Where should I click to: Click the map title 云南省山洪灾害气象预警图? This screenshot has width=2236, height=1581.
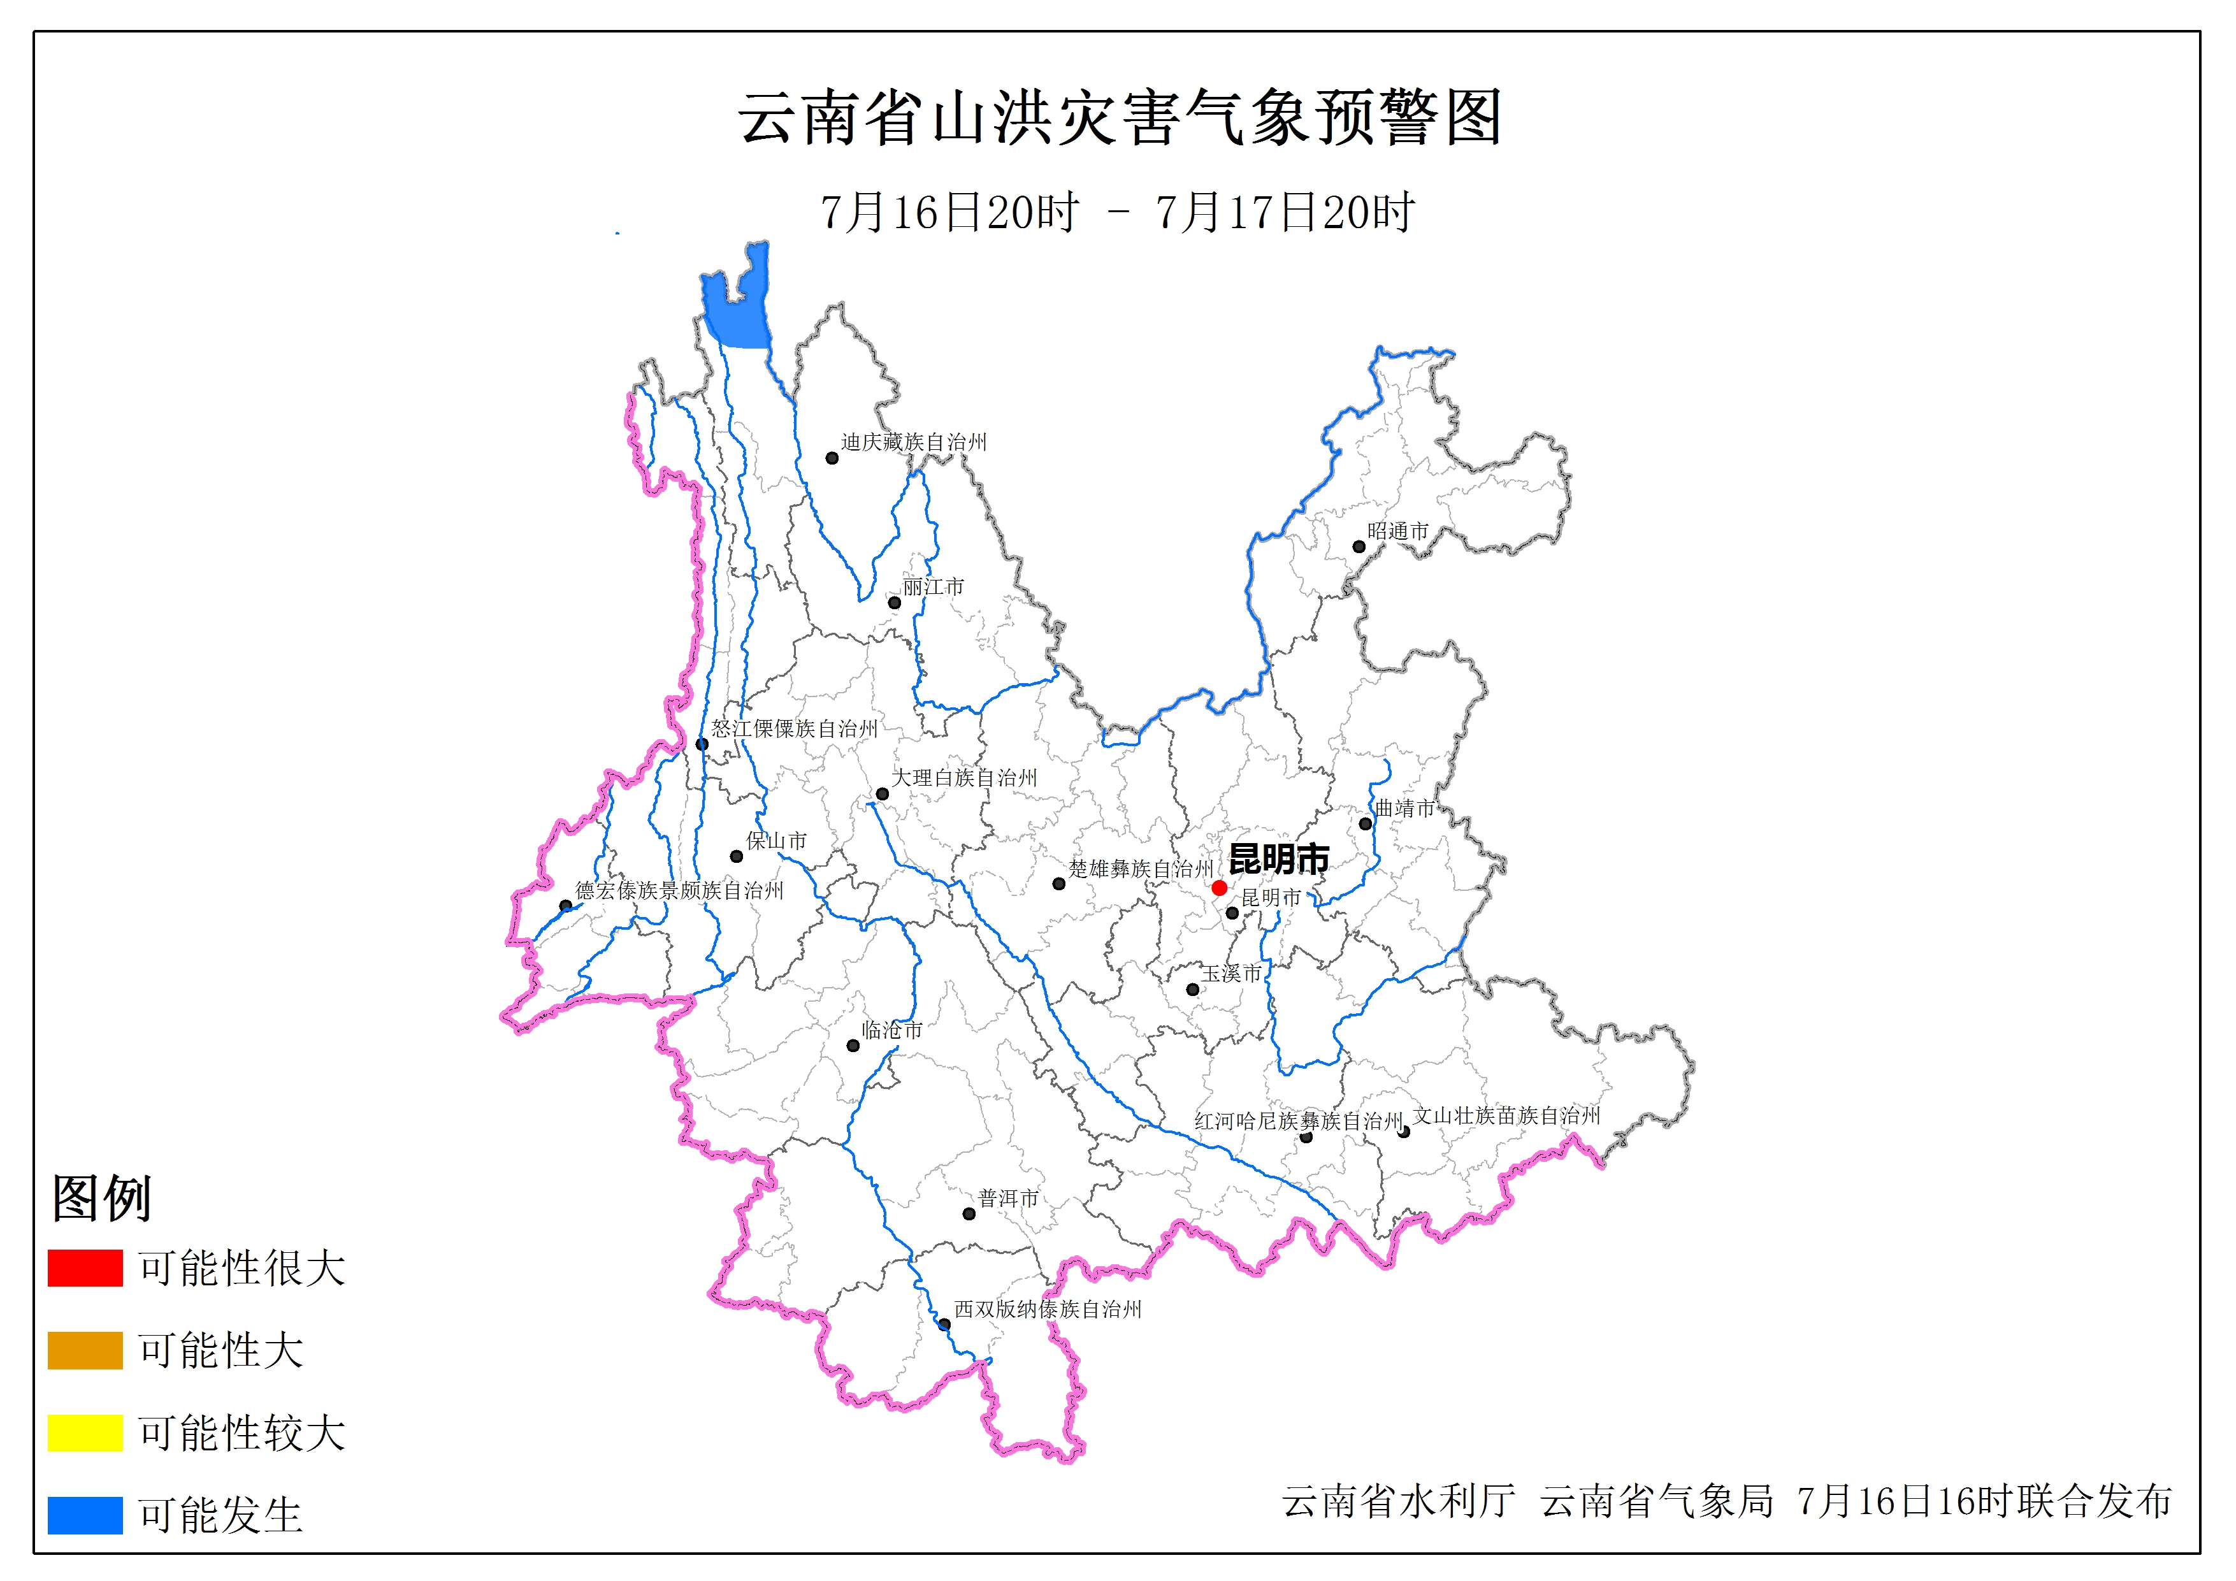[x=1120, y=119]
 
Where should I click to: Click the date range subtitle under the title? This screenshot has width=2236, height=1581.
[x=1117, y=212]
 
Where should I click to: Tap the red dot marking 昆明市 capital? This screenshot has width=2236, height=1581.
[x=1219, y=888]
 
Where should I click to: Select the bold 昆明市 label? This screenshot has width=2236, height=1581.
[x=1279, y=858]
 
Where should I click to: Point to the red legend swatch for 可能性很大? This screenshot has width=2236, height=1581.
[x=85, y=1267]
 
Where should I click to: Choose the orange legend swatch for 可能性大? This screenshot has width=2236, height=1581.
[x=85, y=1350]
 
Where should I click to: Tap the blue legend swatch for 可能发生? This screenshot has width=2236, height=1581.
[x=85, y=1515]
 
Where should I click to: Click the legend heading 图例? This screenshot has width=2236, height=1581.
[x=101, y=1197]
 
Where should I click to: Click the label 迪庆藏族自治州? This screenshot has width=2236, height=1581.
[x=914, y=442]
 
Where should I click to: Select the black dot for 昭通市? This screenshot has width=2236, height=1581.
[x=1359, y=547]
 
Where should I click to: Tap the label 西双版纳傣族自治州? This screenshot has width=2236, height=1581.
[x=1047, y=1310]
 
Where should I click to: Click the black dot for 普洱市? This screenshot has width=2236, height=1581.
[x=969, y=1214]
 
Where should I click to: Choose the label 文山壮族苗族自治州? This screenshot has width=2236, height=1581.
[x=1506, y=1115]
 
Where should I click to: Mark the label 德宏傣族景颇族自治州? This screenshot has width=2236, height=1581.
[x=679, y=890]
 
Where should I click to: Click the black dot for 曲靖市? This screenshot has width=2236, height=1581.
[x=1366, y=824]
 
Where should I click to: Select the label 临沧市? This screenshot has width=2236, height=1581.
[x=891, y=1030]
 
